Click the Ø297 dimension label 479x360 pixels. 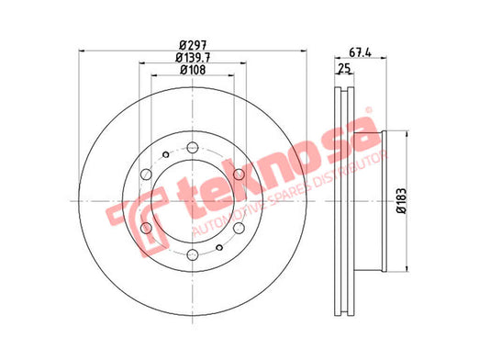tap(193, 46)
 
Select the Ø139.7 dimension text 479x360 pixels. tap(193, 58)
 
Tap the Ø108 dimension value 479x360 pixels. tap(193, 70)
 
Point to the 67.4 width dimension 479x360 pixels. tap(360, 52)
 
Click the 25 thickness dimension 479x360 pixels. tap(344, 69)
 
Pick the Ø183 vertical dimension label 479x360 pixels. tap(401, 200)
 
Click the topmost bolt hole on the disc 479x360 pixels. tap(193, 147)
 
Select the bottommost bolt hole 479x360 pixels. tap(193, 254)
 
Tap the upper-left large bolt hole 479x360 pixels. tap(146, 174)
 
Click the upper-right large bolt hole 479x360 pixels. tap(239, 174)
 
